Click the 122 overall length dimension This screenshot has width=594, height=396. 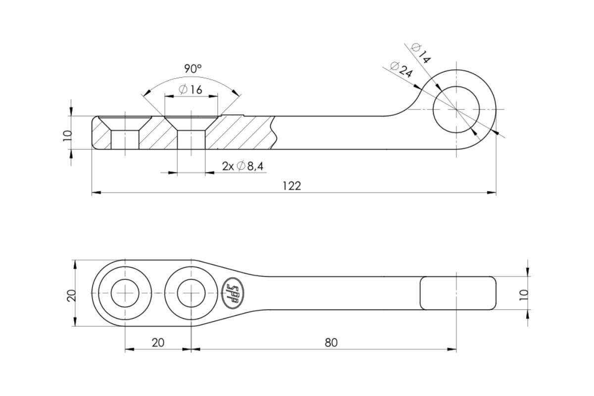coord(292,186)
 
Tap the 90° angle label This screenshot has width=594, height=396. coord(193,69)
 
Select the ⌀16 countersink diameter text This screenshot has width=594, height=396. coord(191,90)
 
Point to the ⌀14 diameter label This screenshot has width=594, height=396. coord(421,54)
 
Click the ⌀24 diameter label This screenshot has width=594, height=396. coord(401,69)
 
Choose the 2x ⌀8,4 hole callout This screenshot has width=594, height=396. coord(243,166)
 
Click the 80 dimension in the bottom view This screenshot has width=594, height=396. coord(331,343)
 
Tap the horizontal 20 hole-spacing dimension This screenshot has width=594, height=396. coord(158,343)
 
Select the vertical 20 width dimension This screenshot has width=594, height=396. coord(72,295)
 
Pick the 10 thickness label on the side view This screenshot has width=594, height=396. coord(68,136)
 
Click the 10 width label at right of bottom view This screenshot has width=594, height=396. coord(524,295)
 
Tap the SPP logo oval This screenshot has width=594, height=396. coord(233,293)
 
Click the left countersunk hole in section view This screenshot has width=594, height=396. coord(125,133)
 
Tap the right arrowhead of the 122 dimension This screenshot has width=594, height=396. coord(492,193)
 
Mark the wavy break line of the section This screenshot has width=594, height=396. coord(274,133)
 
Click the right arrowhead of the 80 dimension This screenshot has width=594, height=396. coord(452,349)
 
